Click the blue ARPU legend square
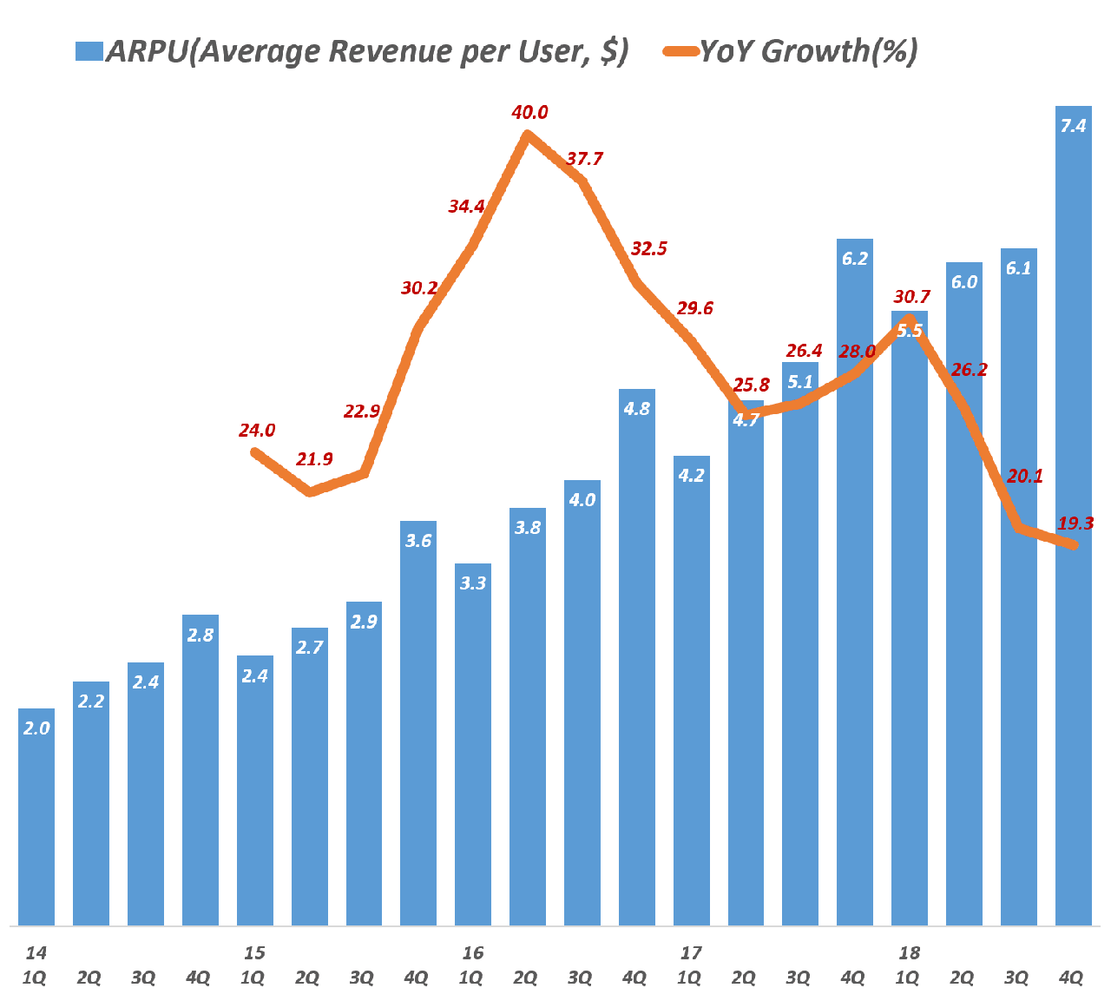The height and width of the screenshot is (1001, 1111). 89,52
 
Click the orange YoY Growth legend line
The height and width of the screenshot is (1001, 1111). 680,52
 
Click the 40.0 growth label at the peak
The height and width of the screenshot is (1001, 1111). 529,113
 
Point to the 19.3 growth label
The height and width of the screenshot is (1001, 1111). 1075,524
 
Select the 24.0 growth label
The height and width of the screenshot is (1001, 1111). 257,431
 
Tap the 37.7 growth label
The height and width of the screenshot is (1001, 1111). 584,160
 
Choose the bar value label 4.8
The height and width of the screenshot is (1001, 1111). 637,409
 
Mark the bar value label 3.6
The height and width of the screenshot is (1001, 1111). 418,541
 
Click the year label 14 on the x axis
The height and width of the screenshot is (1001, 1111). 35,952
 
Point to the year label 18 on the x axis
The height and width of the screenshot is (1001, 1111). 909,952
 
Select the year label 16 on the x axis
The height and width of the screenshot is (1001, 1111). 472,952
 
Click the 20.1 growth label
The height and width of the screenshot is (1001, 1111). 1025,476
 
